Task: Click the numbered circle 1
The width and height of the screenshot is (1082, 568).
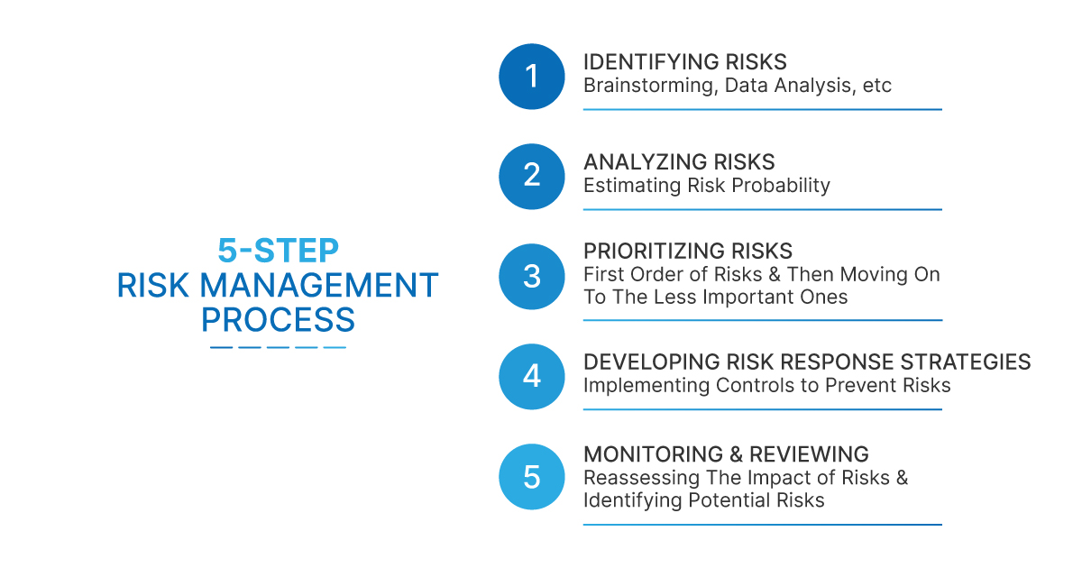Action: click(x=532, y=77)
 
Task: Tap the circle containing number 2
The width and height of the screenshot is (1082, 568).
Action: click(x=532, y=176)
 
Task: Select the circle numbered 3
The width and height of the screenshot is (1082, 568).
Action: click(x=532, y=276)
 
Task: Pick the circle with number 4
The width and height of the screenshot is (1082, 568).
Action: click(x=532, y=376)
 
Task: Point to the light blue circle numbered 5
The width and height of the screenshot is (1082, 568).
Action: click(x=532, y=476)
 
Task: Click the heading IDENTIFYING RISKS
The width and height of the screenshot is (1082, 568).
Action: click(x=684, y=62)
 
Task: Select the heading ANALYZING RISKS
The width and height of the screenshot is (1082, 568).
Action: click(x=679, y=162)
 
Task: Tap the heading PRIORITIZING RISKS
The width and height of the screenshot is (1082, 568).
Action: click(x=688, y=251)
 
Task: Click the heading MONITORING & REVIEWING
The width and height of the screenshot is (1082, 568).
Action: click(x=726, y=454)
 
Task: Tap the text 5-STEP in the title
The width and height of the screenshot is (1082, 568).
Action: click(x=278, y=250)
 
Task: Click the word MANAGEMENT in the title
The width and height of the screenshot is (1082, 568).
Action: click(x=318, y=285)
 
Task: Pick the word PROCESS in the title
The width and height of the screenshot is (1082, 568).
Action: click(x=278, y=320)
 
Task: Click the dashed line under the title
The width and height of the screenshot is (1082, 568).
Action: click(x=278, y=347)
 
